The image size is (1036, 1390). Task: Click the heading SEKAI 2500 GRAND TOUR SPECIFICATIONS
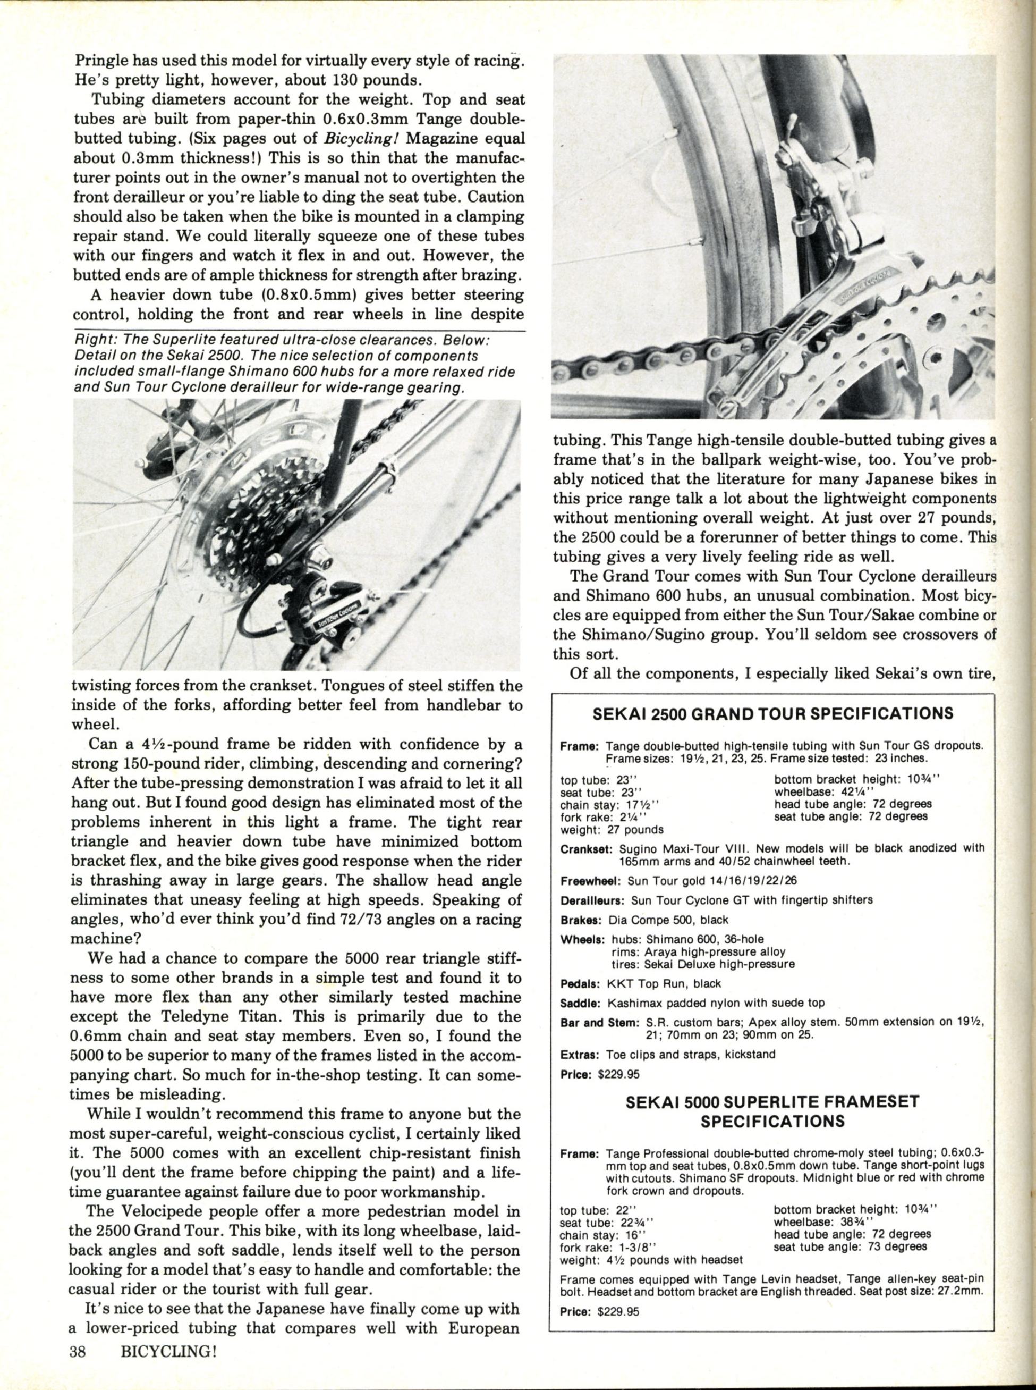pos(772,714)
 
